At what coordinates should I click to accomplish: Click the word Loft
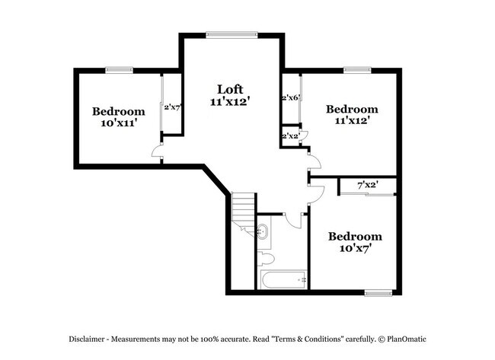pyautogui.click(x=230, y=88)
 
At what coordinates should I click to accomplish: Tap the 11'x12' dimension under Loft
pyautogui.click(x=230, y=100)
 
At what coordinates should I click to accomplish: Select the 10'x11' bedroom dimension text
pyautogui.click(x=118, y=122)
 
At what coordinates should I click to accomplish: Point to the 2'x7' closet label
pyautogui.click(x=172, y=107)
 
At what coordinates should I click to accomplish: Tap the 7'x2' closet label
pyautogui.click(x=368, y=185)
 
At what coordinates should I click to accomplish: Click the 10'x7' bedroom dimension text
pyautogui.click(x=356, y=248)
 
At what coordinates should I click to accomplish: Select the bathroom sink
pyautogui.click(x=263, y=232)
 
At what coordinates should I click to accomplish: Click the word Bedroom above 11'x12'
pyautogui.click(x=351, y=110)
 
